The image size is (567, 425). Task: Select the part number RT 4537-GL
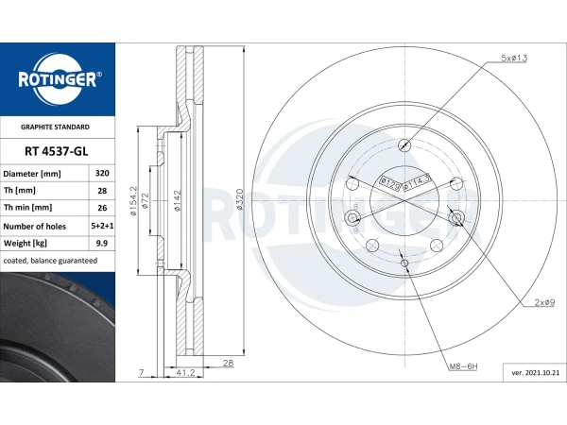click(57, 151)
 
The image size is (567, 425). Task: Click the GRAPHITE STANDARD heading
click(55, 127)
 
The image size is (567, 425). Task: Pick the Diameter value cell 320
click(102, 173)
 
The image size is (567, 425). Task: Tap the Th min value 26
click(102, 208)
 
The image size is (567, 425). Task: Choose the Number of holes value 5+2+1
click(102, 226)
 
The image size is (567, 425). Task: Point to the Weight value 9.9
click(102, 244)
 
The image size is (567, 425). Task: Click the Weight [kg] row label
click(26, 244)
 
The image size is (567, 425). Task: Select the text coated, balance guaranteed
click(50, 261)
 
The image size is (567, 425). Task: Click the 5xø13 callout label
click(514, 58)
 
